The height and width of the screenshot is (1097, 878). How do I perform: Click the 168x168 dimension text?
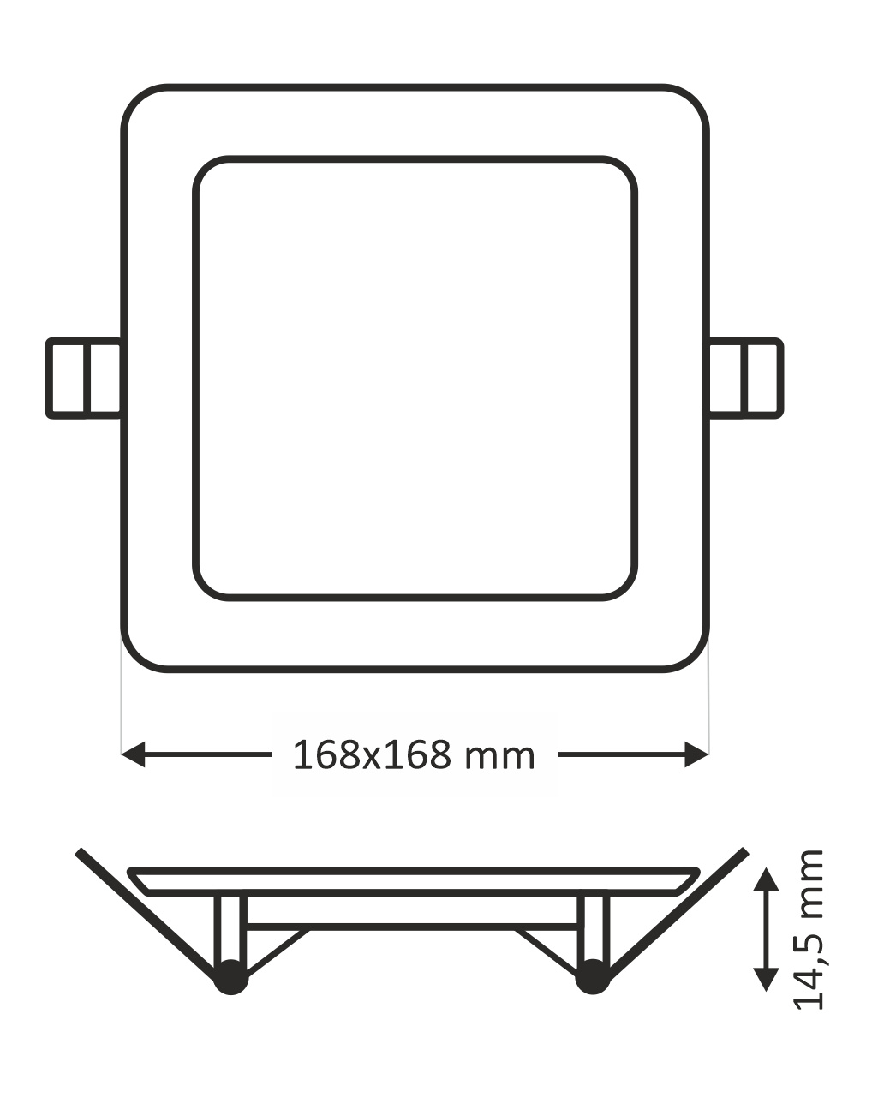[373, 755]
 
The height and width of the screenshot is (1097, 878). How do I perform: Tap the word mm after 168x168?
[499, 758]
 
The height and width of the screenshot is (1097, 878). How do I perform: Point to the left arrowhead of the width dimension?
[133, 754]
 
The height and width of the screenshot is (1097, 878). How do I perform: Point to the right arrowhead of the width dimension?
[696, 754]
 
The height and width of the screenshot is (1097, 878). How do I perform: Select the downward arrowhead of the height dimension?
[766, 979]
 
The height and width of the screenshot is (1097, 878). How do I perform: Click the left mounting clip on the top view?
[84, 379]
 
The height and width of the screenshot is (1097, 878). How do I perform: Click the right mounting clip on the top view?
[745, 379]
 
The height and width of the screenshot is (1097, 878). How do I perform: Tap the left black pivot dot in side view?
[231, 977]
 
